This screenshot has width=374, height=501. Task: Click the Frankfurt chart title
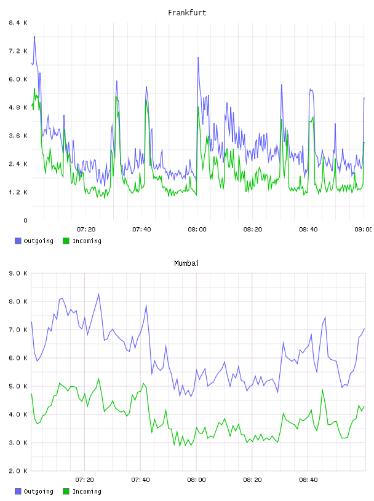click(187, 13)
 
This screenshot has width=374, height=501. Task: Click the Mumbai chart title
click(186, 263)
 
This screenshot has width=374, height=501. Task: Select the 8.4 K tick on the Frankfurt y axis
click(18, 23)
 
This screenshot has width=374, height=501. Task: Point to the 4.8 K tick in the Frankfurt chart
click(18, 107)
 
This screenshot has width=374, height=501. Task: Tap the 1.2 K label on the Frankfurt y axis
click(18, 192)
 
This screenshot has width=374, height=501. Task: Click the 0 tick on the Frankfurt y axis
click(25, 220)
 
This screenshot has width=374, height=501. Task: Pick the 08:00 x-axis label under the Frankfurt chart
click(197, 230)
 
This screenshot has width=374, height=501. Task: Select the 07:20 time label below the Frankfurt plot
click(86, 230)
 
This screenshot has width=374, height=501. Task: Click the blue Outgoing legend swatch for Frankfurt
click(18, 241)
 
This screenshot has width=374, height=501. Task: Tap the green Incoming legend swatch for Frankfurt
click(66, 241)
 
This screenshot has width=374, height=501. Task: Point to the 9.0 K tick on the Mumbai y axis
click(18, 273)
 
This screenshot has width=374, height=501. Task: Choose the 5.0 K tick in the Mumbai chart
click(18, 386)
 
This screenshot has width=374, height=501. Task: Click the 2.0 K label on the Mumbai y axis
click(18, 471)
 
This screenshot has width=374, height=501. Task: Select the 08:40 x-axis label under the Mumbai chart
click(308, 480)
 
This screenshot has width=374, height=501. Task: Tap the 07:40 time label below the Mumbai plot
click(141, 480)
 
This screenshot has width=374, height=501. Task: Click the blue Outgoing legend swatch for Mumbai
click(18, 491)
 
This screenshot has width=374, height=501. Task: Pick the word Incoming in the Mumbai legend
click(87, 492)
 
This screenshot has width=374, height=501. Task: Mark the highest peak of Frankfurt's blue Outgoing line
click(34, 37)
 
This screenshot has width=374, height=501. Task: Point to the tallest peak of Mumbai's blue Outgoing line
click(98, 293)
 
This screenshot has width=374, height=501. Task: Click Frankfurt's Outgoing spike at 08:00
click(198, 58)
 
